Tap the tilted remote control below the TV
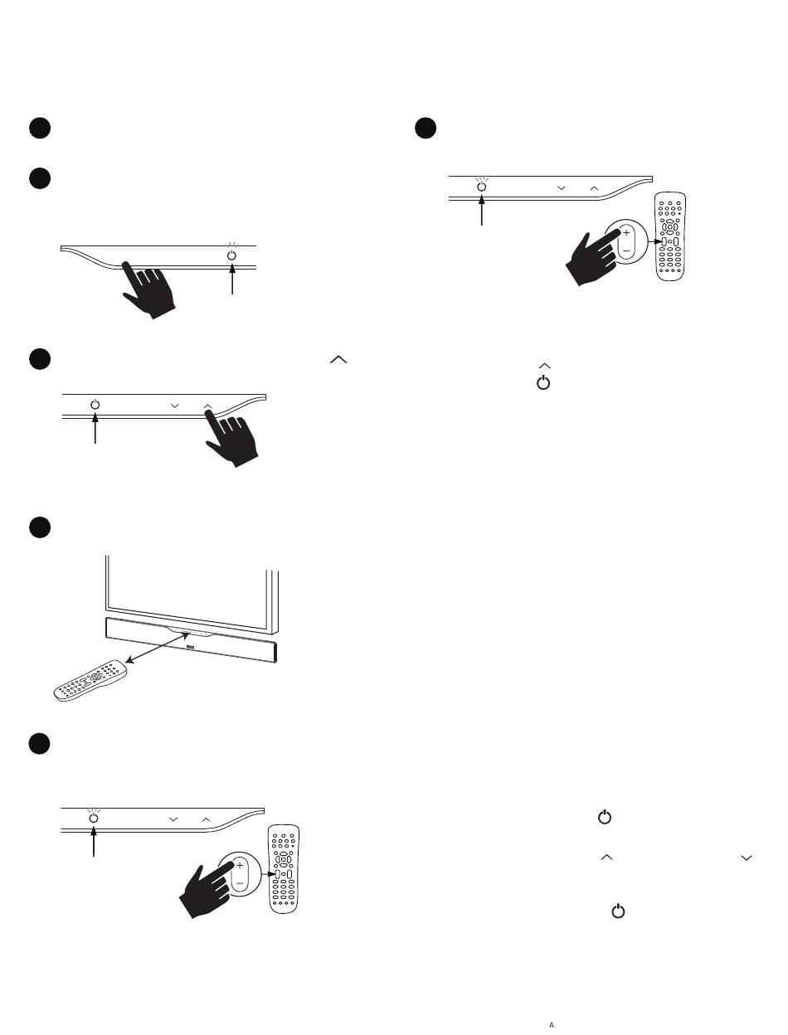(x=90, y=680)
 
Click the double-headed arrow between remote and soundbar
(x=158, y=648)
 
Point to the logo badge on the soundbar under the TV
(x=191, y=647)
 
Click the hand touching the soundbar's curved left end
(x=148, y=290)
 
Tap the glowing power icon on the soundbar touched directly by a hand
(x=231, y=255)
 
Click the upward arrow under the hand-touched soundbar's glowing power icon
(x=232, y=279)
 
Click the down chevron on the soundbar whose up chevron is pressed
(x=175, y=406)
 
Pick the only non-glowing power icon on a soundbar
(x=95, y=405)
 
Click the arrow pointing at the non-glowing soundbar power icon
(x=95, y=428)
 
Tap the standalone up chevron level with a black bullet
(x=338, y=359)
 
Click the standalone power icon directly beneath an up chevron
(x=543, y=382)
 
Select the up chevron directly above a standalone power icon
(x=545, y=366)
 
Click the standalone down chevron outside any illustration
(x=747, y=858)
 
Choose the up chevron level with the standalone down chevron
(x=607, y=858)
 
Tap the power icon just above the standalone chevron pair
(x=605, y=817)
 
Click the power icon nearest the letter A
(x=618, y=911)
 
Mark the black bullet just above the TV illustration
(x=40, y=527)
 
